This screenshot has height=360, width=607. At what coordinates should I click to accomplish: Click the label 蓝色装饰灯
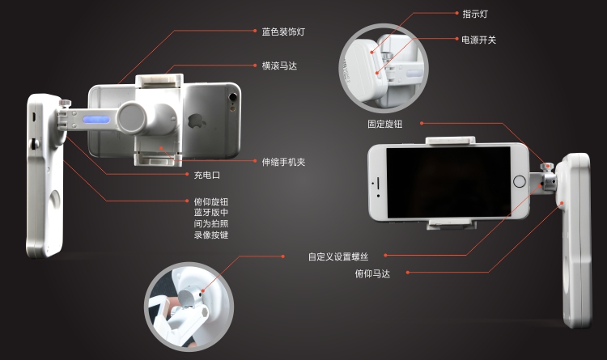[x=283, y=32]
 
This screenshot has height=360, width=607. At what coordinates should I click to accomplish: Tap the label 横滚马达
[x=279, y=66]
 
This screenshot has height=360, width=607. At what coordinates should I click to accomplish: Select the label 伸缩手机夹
[x=283, y=162]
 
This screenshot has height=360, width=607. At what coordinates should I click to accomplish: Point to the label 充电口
[x=206, y=175]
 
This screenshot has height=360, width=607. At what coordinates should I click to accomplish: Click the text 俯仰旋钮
[x=211, y=201]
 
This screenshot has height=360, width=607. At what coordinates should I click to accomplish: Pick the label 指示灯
[x=475, y=14]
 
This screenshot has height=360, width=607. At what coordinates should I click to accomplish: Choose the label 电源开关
[x=479, y=40]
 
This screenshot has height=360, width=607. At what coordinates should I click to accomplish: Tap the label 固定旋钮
[x=384, y=124]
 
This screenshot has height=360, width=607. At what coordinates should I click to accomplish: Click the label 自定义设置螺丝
[x=338, y=256]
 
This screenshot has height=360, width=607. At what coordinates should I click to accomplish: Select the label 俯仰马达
[x=372, y=273]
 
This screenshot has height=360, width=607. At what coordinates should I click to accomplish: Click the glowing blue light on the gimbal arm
[x=96, y=119]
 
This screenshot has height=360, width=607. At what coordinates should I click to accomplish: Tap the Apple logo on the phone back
[x=197, y=121]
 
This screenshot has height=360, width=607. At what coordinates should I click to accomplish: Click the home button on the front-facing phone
[x=519, y=181]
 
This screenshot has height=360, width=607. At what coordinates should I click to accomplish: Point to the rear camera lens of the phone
[x=233, y=97]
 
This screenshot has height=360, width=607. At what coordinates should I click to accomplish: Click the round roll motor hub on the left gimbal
[x=133, y=117]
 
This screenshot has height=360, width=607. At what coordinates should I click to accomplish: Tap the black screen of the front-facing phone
[x=448, y=182]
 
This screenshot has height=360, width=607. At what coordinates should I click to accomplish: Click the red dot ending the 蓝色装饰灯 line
[x=254, y=31]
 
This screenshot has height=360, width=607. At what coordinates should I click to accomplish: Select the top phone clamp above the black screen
[x=450, y=141]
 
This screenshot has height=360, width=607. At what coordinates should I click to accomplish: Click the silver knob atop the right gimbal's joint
[x=546, y=167]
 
